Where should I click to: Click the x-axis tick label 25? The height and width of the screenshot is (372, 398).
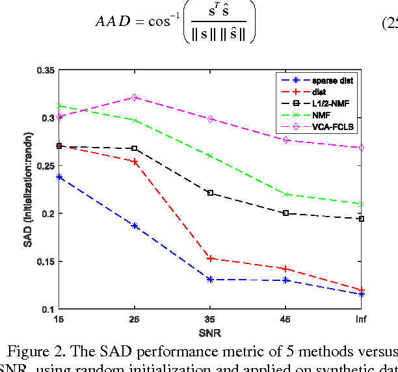tap(135, 319)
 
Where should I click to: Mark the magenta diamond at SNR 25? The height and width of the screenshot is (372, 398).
tap(135, 98)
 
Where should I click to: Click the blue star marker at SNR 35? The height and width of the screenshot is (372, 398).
tap(210, 280)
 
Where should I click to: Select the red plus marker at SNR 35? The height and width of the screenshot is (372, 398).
tap(210, 258)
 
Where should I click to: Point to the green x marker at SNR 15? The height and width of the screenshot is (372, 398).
tap(59, 105)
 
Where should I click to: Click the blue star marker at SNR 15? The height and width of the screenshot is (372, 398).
tap(59, 177)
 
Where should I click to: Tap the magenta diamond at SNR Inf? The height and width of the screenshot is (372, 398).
tap(361, 148)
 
